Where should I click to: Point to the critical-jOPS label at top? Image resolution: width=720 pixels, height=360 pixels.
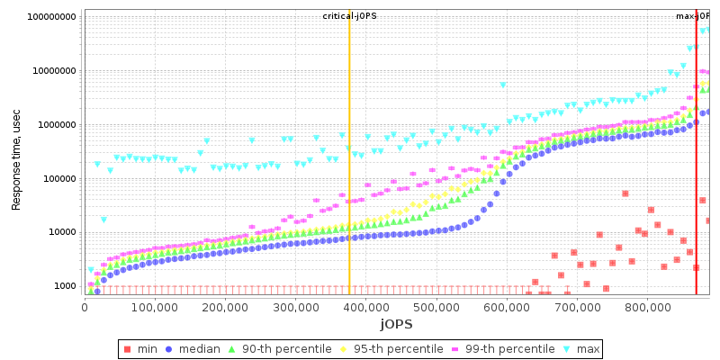pyautogui.click(x=349, y=16)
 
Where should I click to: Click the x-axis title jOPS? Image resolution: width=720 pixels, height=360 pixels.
pyautogui.click(x=396, y=324)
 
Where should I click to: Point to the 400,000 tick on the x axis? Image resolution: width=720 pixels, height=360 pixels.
pyautogui.click(x=366, y=308)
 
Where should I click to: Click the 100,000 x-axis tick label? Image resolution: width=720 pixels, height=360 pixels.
pyautogui.click(x=155, y=308)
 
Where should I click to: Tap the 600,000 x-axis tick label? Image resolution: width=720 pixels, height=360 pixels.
pyautogui.click(x=507, y=308)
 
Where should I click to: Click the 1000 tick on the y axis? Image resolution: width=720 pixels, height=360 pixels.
pyautogui.click(x=64, y=286)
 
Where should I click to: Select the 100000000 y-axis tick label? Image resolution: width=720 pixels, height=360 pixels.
pyautogui.click(x=51, y=17)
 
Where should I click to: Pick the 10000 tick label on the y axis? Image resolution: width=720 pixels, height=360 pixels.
pyautogui.click(x=61, y=232)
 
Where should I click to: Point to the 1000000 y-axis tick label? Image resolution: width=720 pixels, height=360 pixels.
pyautogui.click(x=56, y=125)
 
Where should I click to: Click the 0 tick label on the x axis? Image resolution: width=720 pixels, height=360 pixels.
pyautogui.click(x=85, y=308)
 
